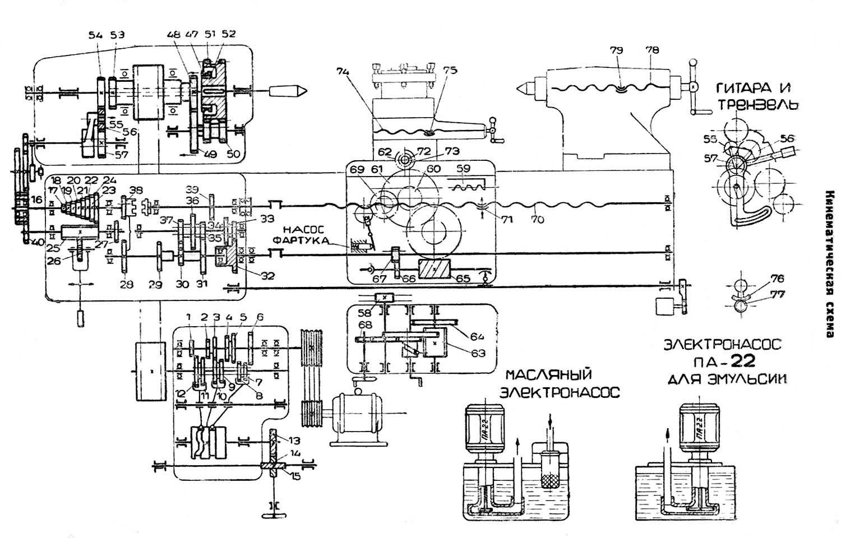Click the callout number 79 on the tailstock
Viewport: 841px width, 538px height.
(616, 50)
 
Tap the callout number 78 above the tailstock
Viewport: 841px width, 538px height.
(652, 50)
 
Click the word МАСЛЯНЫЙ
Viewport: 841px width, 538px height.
(548, 374)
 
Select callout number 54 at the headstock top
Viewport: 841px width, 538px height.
(95, 35)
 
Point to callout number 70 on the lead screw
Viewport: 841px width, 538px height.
(537, 220)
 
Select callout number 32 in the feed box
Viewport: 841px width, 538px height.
(268, 276)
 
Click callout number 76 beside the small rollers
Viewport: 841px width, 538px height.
(777, 279)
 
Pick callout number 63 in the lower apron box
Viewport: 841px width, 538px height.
(478, 353)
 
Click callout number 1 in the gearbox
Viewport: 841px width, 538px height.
(189, 317)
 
